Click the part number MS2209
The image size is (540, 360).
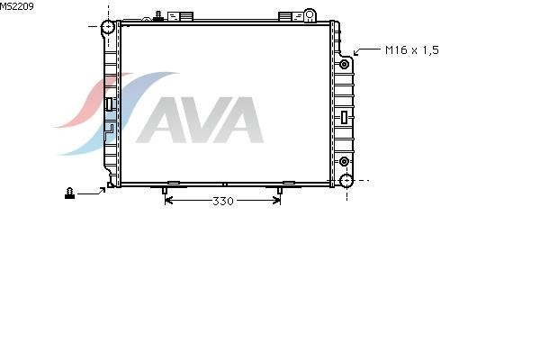pos(16,6)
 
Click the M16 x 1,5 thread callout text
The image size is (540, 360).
pos(412,50)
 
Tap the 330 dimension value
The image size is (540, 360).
pos(223,202)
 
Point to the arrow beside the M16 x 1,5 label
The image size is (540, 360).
pos(366,51)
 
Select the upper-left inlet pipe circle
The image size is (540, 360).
pos(107,26)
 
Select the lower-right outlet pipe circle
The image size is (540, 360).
pos(346,181)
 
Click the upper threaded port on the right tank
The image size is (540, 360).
pos(344,64)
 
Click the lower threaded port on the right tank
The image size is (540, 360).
pos(344,161)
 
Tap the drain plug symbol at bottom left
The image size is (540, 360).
pos(69,193)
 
